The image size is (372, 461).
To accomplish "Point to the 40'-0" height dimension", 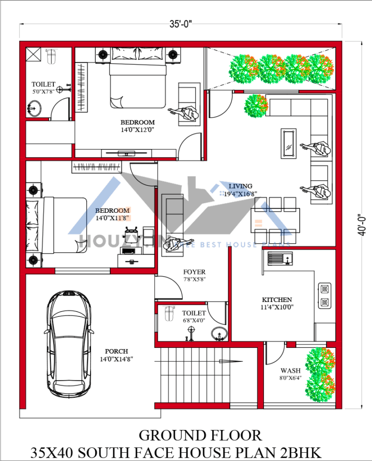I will click(x=361, y=224).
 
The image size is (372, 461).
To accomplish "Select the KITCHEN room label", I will click(x=277, y=300).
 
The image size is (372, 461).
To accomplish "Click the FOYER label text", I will click(x=194, y=272).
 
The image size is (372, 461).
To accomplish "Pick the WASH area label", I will click(x=290, y=371).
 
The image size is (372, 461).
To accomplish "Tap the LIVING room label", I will click(x=241, y=186).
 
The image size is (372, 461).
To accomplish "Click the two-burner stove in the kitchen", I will click(x=325, y=296).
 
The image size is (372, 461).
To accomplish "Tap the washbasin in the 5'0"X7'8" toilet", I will click(x=34, y=107).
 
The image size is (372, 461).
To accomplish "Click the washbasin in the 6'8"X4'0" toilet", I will click(x=218, y=333).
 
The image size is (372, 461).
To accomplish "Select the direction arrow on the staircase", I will click(x=230, y=361).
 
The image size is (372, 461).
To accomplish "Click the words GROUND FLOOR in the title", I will click(x=200, y=435).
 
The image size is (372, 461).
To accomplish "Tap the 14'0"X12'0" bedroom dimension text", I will click(x=138, y=130).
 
